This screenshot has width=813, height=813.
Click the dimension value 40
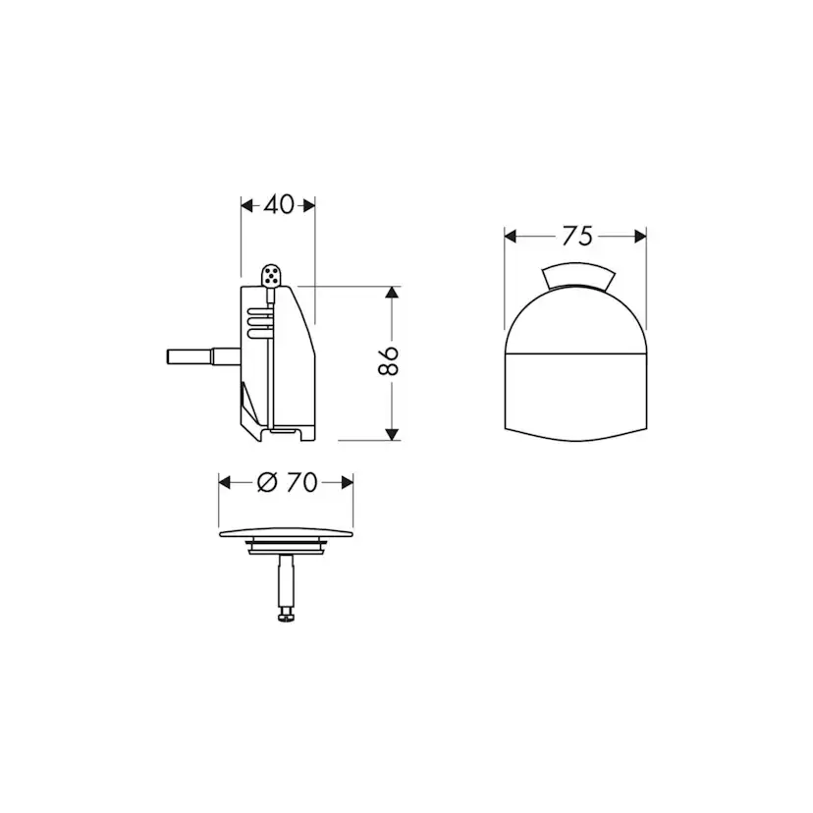pyautogui.click(x=279, y=205)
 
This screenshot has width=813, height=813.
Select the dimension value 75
pyautogui.click(x=576, y=236)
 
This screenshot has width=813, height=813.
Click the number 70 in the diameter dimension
pyautogui.click(x=301, y=482)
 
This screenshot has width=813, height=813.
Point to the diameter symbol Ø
pyautogui.click(x=265, y=482)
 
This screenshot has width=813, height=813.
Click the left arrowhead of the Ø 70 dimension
pyautogui.click(x=225, y=482)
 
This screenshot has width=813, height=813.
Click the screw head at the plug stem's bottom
pyautogui.click(x=285, y=615)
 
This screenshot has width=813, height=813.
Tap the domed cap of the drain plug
pyautogui.click(x=285, y=531)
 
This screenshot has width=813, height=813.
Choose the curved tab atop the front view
pyautogui.click(x=577, y=276)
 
